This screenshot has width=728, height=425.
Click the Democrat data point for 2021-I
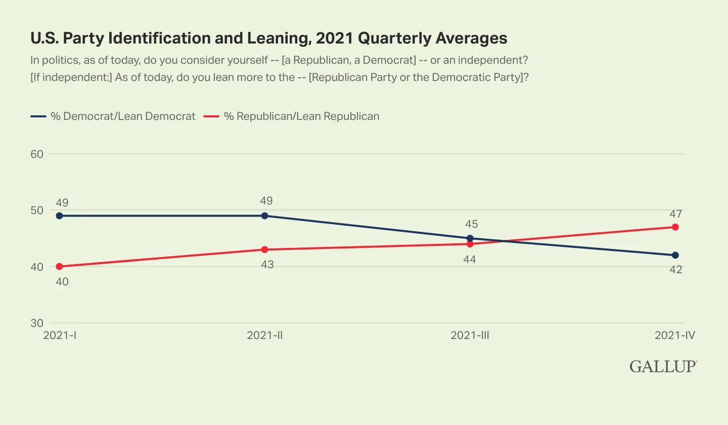pos(59,216)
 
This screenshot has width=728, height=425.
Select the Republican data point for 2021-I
pos(59,266)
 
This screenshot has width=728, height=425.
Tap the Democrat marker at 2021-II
pos(264,216)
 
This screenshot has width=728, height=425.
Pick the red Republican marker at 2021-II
pos(264,249)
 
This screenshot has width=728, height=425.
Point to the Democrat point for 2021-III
pos(470,238)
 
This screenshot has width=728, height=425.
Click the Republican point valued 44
pos(470,244)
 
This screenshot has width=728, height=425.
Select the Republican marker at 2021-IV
pos(675,227)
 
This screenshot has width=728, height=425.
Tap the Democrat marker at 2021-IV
pos(675,255)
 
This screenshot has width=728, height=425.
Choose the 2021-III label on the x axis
pos(471,335)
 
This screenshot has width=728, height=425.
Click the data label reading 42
pos(675,270)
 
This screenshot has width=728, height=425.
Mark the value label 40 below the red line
pos(62,281)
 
